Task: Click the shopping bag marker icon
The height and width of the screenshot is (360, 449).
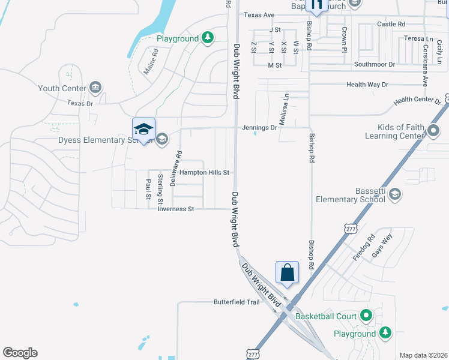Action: click(x=288, y=272)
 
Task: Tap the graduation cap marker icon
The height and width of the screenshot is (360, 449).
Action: click(x=143, y=129)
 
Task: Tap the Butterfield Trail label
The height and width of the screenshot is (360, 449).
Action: click(x=237, y=302)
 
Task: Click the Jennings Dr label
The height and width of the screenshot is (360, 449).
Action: click(x=259, y=128)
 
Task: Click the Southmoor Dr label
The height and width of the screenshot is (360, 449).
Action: click(x=375, y=64)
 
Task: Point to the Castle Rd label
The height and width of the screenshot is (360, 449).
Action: click(x=391, y=24)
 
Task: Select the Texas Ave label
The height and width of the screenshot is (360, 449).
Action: click(x=259, y=15)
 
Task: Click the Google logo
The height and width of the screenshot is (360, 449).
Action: click(x=20, y=353)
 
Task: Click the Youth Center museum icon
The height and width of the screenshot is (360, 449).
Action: click(x=95, y=88)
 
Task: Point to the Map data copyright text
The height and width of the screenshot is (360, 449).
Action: click(x=423, y=355)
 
